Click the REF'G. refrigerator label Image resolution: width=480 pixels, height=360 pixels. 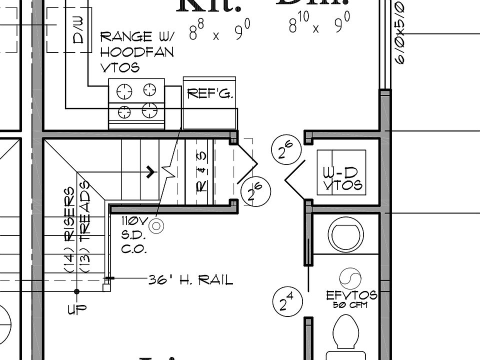pos(209,93)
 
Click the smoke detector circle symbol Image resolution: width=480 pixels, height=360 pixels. pos(156,226)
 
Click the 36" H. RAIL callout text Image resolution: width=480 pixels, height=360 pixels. pos(190,280)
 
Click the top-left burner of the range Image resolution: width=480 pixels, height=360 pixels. pos(124,91)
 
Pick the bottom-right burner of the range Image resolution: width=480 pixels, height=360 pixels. pos(149,110)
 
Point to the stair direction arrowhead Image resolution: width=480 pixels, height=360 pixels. pos(151,172)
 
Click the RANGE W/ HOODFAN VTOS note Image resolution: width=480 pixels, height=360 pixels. pos(136,51)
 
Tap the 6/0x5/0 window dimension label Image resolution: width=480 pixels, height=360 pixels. pos(400,32)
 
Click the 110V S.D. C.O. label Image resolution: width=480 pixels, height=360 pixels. pos(134,234)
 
